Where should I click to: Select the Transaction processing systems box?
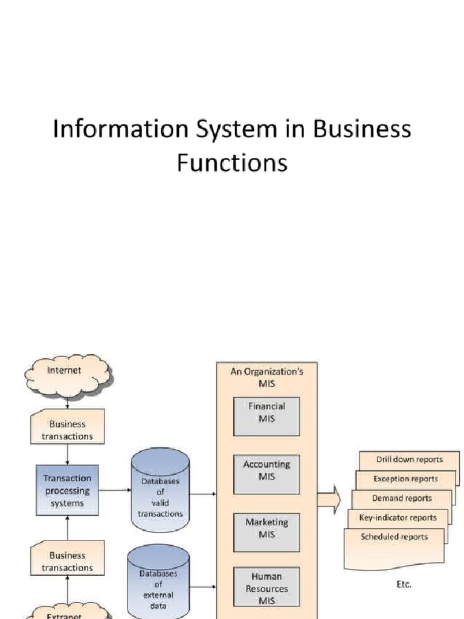pyautogui.click(x=67, y=490)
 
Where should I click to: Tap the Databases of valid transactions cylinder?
pyautogui.click(x=160, y=491)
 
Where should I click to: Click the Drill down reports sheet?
pyautogui.click(x=410, y=459)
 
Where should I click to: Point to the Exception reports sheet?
pyautogui.click(x=405, y=479)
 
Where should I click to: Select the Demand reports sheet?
pyautogui.click(x=402, y=498)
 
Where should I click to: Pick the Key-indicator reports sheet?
pyautogui.click(x=398, y=517)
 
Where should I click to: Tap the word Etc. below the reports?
pyautogui.click(x=402, y=584)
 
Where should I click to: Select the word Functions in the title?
pyautogui.click(x=232, y=163)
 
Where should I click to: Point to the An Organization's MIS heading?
pyautogui.click(x=266, y=378)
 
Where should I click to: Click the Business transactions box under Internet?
pyautogui.click(x=67, y=430)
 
